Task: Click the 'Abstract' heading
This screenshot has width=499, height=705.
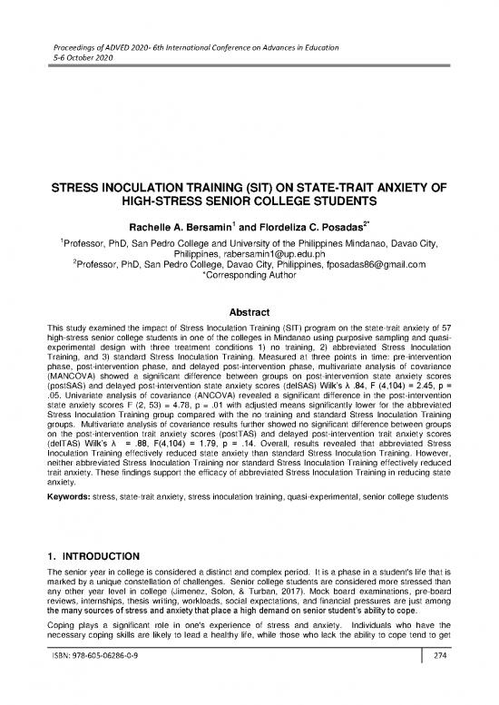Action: point(249,282)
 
